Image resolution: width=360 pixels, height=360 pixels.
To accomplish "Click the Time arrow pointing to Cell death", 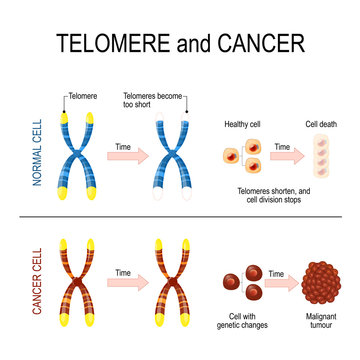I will pyautogui.click(x=283, y=153).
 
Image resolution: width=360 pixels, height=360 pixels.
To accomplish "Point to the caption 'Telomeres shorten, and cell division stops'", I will pyautogui.click(x=272, y=193).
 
